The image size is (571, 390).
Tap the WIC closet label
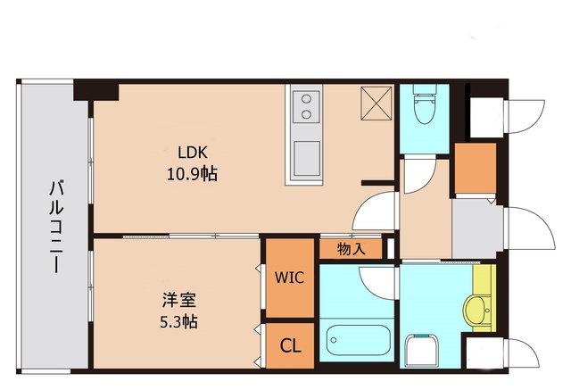pyautogui.click(x=289, y=278)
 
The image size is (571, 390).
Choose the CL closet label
pyautogui.click(x=290, y=345)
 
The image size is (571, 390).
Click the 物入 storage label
pyautogui.click(x=352, y=249)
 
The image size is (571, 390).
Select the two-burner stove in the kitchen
pyautogui.click(x=305, y=105)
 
